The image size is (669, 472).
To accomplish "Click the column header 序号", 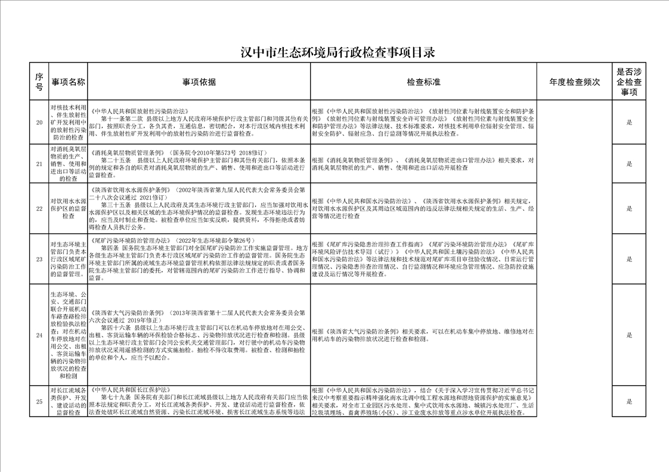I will pyautogui.click(x=39, y=82).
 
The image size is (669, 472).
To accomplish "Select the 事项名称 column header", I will pyautogui.click(x=68, y=82).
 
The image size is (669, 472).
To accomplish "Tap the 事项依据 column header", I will pyautogui.click(x=199, y=82).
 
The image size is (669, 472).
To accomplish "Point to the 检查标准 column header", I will pyautogui.click(x=423, y=82).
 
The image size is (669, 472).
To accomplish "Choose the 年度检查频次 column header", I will pyautogui.click(x=574, y=82).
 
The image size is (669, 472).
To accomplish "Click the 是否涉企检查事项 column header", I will pyautogui.click(x=629, y=82).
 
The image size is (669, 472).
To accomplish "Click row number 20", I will pyautogui.click(x=39, y=123).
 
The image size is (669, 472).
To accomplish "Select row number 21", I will pyautogui.click(x=39, y=164).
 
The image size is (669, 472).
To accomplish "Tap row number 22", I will pyautogui.click(x=39, y=208).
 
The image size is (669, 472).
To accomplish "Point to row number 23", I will pyautogui.click(x=39, y=260).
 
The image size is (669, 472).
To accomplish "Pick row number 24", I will pyautogui.click(x=39, y=335).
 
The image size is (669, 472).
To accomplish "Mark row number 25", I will pyautogui.click(x=39, y=401).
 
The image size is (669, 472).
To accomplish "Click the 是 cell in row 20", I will pyautogui.click(x=629, y=123).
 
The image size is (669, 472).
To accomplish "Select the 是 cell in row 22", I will pyautogui.click(x=629, y=208).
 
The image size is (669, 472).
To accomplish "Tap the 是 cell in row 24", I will pyautogui.click(x=629, y=335).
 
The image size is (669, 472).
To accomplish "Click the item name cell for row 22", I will pyautogui.click(x=68, y=208).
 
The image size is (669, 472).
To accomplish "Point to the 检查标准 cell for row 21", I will pyautogui.click(x=423, y=164).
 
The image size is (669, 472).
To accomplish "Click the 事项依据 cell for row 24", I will pyautogui.click(x=199, y=335).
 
